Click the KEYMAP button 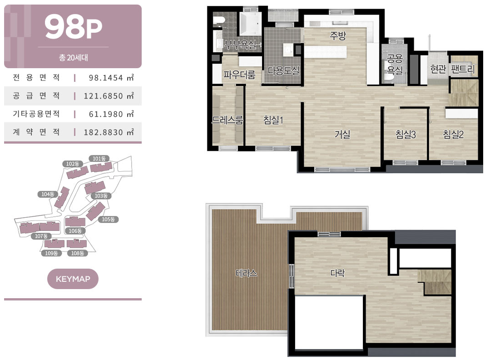coord(73,279)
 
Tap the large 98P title coord(73,27)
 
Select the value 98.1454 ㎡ coord(111,78)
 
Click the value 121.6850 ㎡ coord(109,96)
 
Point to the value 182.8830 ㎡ coord(109,132)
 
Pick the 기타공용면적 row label coord(36,114)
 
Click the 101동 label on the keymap coord(99,159)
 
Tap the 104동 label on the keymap coord(48,194)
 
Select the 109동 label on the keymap coord(51,253)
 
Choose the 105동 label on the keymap coord(108,219)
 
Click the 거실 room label coord(342,135)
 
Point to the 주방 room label coord(338,35)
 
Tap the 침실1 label coord(273,120)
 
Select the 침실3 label coord(406,135)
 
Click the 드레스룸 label coord(228,120)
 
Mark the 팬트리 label coord(462,69)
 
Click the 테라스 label coord(246,273)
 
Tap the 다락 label coord(337,273)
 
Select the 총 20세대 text coord(73,58)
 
